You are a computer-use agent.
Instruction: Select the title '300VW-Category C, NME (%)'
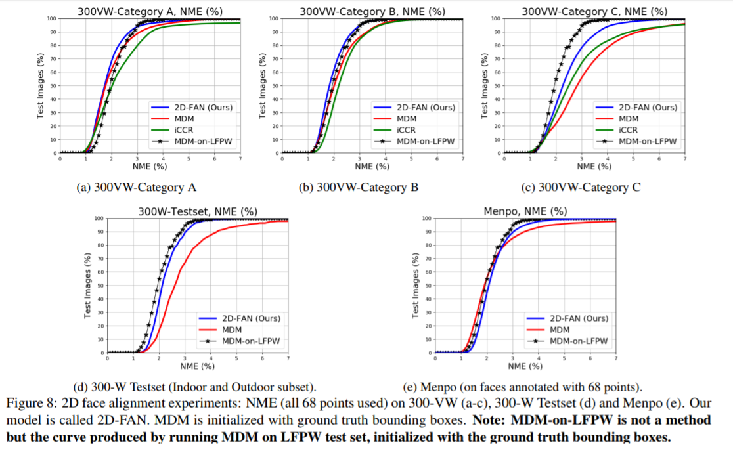pyautogui.click(x=594, y=11)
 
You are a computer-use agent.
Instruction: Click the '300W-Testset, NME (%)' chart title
pyautogui.click(x=198, y=211)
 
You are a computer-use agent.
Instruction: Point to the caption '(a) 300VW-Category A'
pyautogui.click(x=137, y=188)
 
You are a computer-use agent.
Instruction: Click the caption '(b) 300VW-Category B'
pyautogui.click(x=359, y=188)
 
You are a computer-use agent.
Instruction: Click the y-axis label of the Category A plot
pyautogui.click(x=41, y=86)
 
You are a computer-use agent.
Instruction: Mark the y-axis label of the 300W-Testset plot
pyautogui.click(x=88, y=286)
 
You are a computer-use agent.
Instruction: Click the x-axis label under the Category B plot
pyautogui.click(x=372, y=166)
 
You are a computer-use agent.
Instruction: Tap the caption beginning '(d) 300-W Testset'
pyautogui.click(x=194, y=387)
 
